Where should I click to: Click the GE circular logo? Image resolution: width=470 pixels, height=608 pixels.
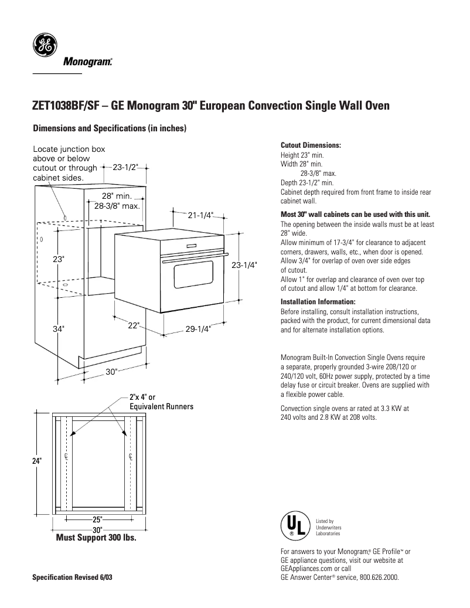click(45, 46)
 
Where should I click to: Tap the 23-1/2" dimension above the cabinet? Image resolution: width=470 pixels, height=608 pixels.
click(125, 167)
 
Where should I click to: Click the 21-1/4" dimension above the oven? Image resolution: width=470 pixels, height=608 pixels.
click(200, 215)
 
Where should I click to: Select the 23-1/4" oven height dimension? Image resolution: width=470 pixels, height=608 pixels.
click(244, 264)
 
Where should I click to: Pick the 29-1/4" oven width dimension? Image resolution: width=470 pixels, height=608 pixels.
click(198, 329)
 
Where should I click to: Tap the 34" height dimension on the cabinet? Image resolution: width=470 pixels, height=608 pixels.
click(58, 330)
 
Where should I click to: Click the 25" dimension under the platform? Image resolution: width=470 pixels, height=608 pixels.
click(97, 519)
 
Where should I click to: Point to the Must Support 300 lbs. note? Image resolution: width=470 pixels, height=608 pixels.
click(96, 538)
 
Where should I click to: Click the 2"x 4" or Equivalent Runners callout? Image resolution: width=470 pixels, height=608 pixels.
click(161, 402)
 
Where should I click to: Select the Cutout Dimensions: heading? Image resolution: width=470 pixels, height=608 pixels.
click(311, 145)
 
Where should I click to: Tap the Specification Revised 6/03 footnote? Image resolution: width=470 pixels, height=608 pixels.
click(72, 577)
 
